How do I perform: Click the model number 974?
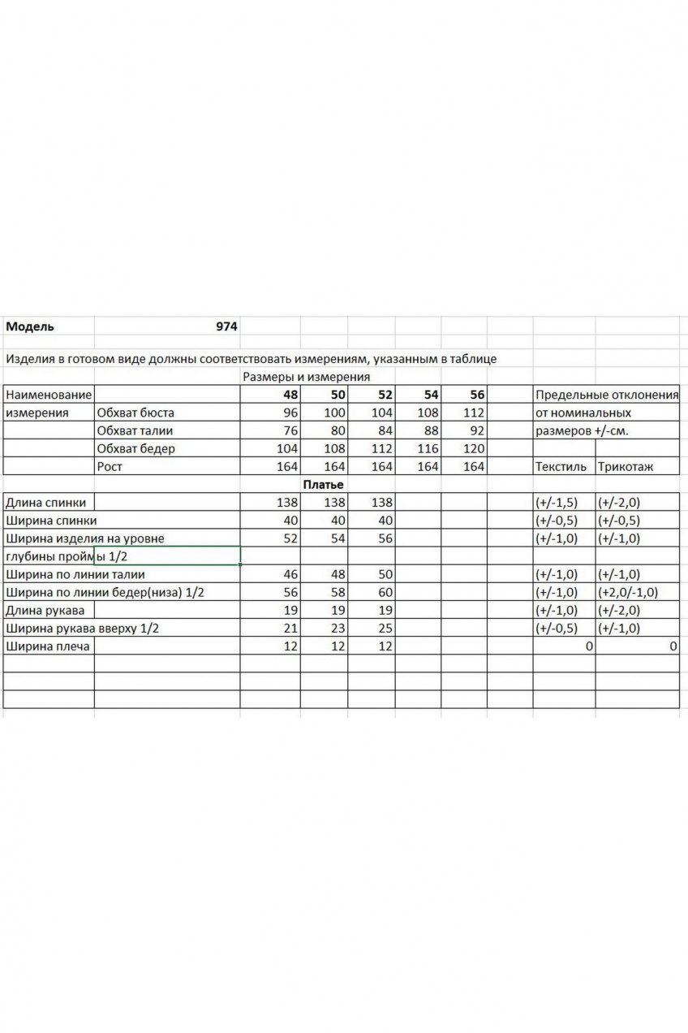226,327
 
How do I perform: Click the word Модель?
30,327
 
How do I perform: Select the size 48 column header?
290,395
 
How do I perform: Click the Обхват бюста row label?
135,413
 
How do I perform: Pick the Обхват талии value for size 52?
382,430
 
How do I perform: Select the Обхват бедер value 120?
473,448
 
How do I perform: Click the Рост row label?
109,466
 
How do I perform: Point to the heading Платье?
323,485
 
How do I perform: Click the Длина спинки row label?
45,503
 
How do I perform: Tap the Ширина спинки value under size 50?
337,521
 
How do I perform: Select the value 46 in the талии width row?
290,574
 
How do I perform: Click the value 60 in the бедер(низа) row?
385,593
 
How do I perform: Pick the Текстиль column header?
561,467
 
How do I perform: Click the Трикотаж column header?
626,467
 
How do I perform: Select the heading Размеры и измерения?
306,377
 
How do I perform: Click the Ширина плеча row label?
46,646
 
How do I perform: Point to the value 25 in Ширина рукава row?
385,629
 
